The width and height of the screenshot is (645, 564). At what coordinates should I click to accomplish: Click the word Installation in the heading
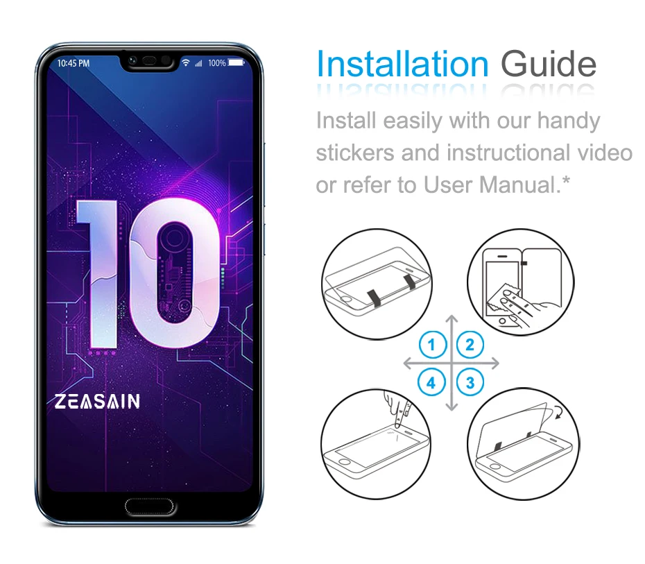tap(402, 65)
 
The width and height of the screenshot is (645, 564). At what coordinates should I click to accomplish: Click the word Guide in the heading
tap(548, 65)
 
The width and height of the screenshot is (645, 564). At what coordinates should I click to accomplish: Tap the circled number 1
tap(432, 344)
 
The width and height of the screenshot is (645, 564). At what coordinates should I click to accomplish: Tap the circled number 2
tap(470, 344)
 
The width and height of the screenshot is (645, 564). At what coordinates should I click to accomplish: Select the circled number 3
tap(470, 382)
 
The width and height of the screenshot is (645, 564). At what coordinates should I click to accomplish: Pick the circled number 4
tap(432, 382)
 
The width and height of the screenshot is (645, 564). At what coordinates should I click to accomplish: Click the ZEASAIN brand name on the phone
tap(97, 402)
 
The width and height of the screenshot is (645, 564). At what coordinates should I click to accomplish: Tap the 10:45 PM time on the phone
tap(74, 63)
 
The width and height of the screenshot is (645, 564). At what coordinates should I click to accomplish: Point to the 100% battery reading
tap(216, 63)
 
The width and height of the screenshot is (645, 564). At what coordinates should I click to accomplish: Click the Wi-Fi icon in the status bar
tap(186, 63)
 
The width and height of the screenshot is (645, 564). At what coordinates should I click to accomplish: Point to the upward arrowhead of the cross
tap(452, 319)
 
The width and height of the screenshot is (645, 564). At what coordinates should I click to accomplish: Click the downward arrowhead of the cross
tap(452, 407)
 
